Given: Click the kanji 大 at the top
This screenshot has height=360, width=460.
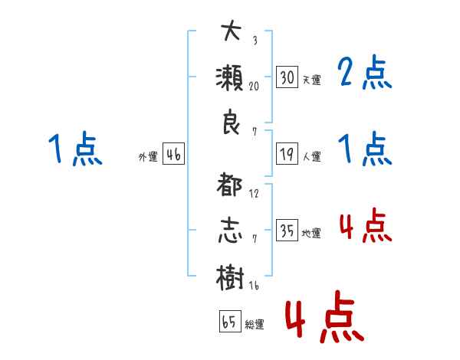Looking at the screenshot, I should coord(232,31).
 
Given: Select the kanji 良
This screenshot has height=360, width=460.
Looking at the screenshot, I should coord(232,123).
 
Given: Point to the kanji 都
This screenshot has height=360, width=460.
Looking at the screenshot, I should coord(232,186).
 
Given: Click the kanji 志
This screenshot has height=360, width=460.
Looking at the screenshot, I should coord(232,231).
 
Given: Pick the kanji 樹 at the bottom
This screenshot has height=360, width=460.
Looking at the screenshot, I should coord(232,277).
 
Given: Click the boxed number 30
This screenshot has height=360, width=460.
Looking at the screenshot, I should coord(287,77).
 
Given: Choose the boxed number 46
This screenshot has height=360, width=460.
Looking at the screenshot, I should coord(173,155).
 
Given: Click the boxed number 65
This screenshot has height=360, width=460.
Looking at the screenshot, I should coord(229,322).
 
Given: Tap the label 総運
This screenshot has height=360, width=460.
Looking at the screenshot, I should coord(254,325).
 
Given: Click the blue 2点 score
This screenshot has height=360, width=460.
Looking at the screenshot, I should coord(364,74).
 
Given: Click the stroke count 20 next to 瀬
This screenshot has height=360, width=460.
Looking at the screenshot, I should coord(254,87).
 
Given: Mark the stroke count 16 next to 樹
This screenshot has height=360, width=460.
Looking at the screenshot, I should coord(254,286).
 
